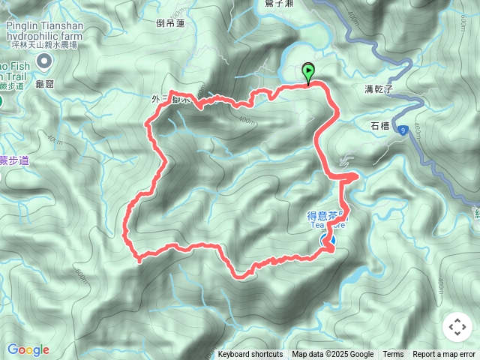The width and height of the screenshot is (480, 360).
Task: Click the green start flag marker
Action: pos(308,73)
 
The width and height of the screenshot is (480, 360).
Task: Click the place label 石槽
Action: pos(379,125)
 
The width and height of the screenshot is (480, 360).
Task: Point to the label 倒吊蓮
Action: pos(170,24)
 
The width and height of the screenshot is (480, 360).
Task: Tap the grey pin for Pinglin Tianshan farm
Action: pos(44,61)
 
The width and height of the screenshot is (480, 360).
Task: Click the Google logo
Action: pos(28,349)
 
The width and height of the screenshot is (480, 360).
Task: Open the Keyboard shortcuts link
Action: pos(250,355)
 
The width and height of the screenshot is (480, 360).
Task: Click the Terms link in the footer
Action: pos(393,355)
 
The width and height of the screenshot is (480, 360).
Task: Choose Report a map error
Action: pos(444,355)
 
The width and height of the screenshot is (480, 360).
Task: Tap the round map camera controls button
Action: pos(457,327)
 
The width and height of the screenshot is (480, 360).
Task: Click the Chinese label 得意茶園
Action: pos(328,215)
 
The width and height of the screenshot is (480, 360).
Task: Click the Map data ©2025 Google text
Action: pos(333,355)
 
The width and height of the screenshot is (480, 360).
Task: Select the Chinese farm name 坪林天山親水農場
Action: pos(43,44)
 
